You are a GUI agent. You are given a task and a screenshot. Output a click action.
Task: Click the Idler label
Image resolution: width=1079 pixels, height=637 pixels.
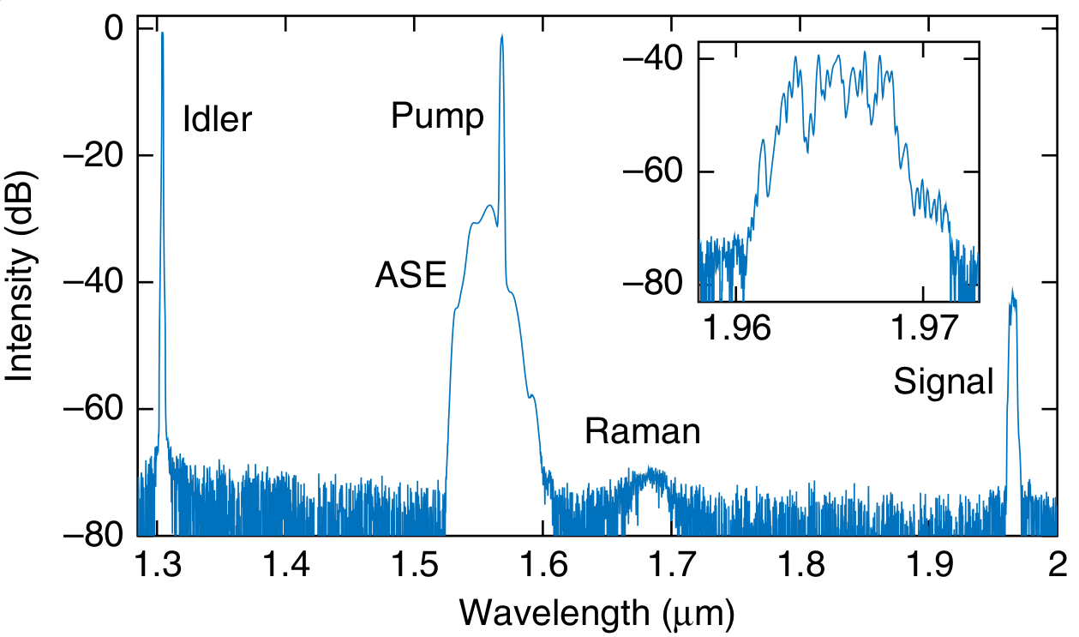click(219, 119)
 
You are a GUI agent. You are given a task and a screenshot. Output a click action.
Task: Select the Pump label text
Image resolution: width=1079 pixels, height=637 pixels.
click(437, 115)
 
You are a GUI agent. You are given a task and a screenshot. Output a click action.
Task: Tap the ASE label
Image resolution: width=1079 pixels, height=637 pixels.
click(411, 275)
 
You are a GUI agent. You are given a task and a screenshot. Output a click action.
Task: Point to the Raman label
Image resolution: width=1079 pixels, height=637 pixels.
click(642, 431)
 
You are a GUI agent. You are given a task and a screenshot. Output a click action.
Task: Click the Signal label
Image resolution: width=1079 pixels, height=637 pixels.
click(944, 382)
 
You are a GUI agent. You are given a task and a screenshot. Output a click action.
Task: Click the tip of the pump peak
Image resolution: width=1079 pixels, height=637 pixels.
click(502, 36)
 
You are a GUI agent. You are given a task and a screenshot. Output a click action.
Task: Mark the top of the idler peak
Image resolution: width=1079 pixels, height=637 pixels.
click(162, 33)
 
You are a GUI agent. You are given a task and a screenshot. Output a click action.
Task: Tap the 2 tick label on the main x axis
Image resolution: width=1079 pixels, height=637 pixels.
click(1057, 563)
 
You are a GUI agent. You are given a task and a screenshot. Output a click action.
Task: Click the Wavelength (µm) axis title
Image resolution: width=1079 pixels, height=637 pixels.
click(597, 612)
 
